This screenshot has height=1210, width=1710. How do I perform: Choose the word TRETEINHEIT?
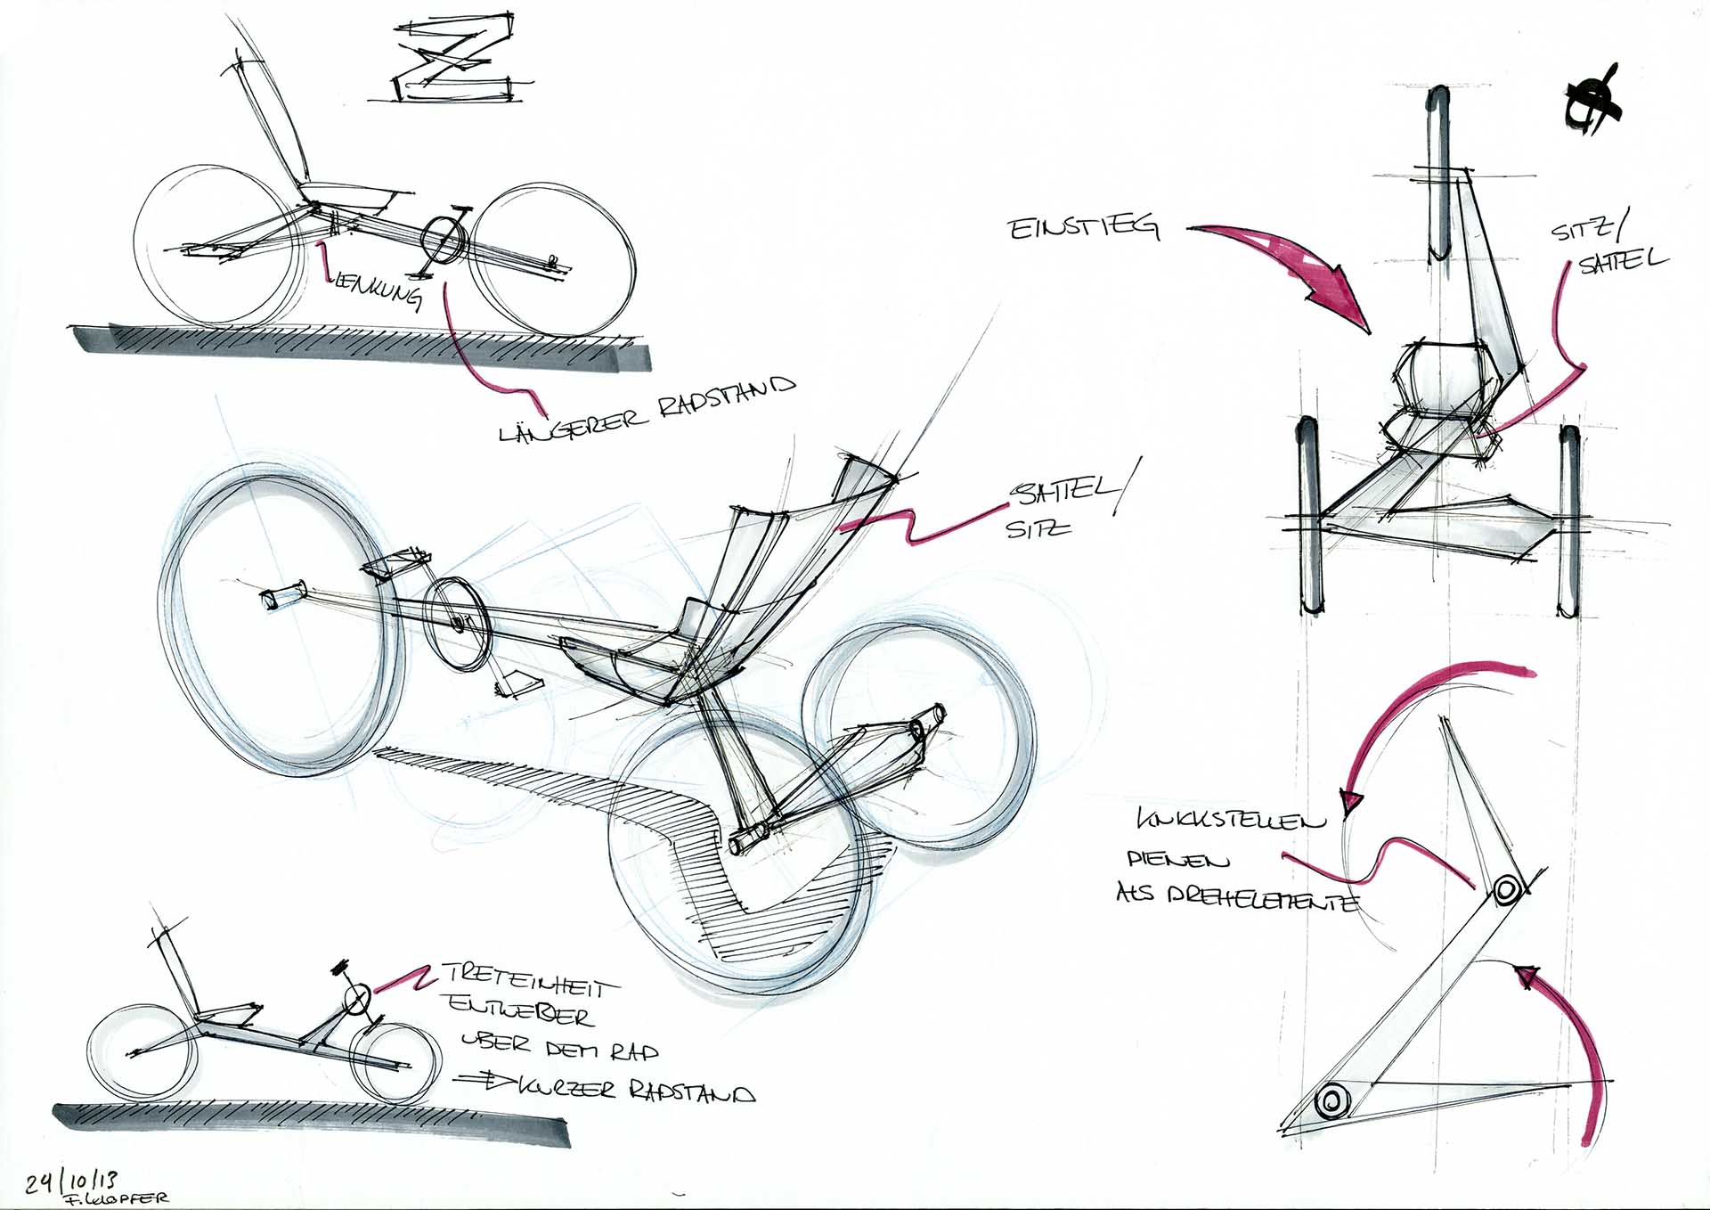[529, 982]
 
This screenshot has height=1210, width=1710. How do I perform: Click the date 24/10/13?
[70, 1181]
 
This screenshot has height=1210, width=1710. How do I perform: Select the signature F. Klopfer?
[115, 1199]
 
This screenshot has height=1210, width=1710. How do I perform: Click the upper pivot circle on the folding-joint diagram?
[1507, 889]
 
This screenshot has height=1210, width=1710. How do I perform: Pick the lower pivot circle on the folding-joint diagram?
[1329, 1102]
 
